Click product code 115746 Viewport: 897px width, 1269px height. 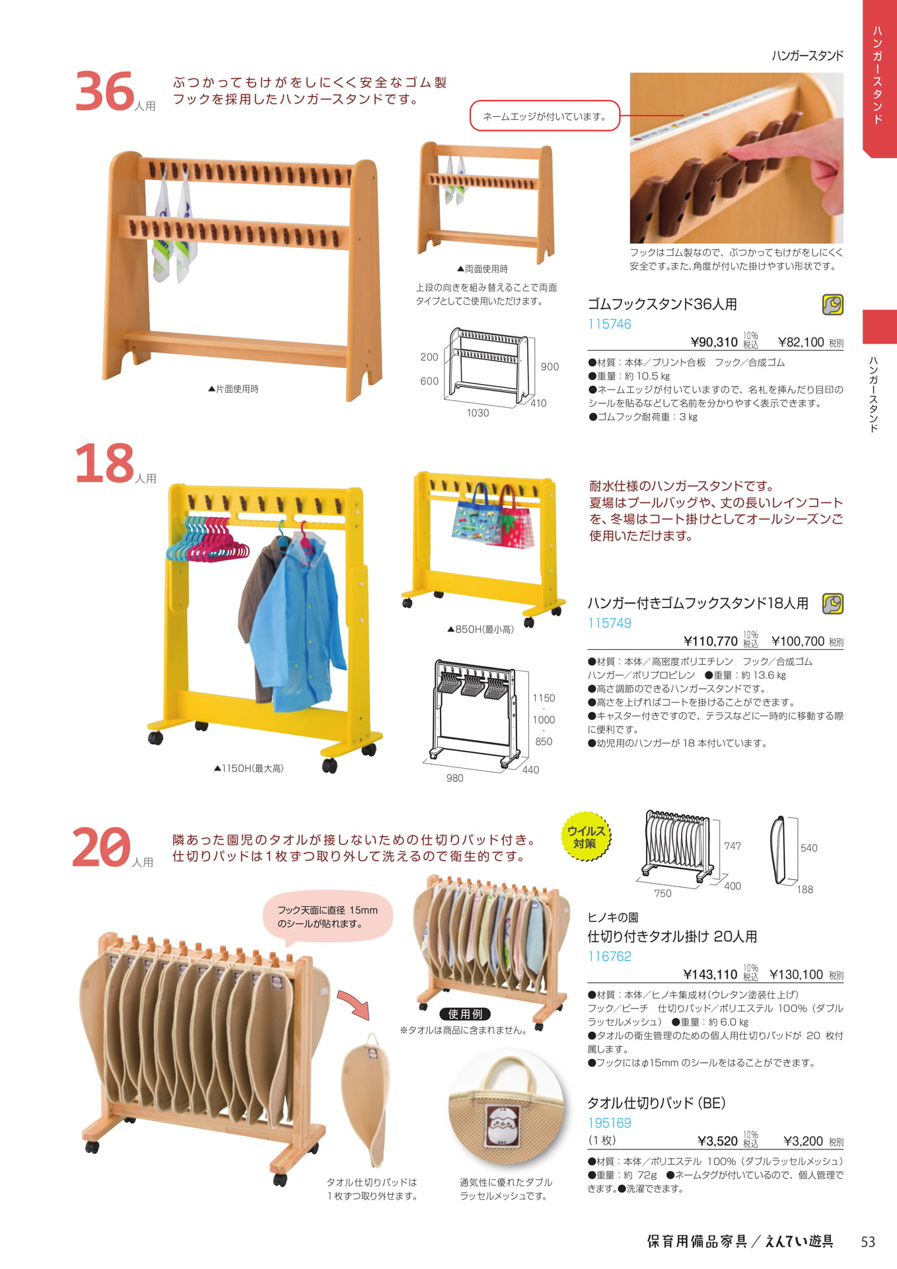point(609,324)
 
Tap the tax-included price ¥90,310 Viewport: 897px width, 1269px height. point(713,342)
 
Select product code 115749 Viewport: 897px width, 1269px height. point(609,623)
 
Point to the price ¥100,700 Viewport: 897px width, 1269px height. point(798,641)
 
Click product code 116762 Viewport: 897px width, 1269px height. point(609,956)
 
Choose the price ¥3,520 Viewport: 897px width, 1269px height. point(717,1141)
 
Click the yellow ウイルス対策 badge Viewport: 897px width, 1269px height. point(585,837)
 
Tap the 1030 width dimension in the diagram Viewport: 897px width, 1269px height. point(478,413)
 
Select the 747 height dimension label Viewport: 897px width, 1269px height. point(732,846)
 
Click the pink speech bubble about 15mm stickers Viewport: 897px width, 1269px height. point(328,917)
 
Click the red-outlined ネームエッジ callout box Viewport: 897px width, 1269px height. point(544,116)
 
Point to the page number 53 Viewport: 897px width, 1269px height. point(867,1242)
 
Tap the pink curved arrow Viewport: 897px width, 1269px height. point(355,1003)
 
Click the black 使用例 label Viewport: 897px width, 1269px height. point(465,1014)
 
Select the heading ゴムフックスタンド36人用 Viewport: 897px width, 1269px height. point(662,304)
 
